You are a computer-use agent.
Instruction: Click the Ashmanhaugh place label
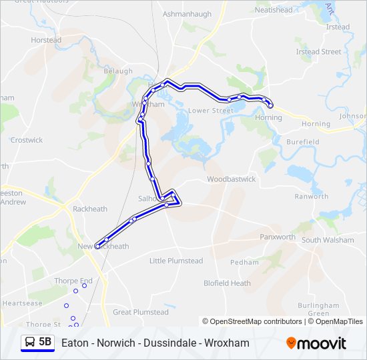[187, 13]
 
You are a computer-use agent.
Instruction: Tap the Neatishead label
[274, 10]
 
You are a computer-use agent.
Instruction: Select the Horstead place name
[46, 40]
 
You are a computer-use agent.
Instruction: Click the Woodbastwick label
[231, 179]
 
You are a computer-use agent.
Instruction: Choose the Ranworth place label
[312, 197]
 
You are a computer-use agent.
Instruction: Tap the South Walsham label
[328, 240]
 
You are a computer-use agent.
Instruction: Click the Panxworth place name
[278, 237]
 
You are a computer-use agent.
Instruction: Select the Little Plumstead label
[176, 261]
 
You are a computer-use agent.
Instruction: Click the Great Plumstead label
[141, 312]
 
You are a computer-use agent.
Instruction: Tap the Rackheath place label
[90, 209]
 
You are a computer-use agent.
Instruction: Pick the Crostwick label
[27, 140]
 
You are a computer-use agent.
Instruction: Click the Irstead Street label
[318, 51]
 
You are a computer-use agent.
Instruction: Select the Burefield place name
[303, 142]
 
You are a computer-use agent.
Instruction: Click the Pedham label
[244, 262]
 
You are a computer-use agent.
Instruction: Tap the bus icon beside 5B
[30, 343]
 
